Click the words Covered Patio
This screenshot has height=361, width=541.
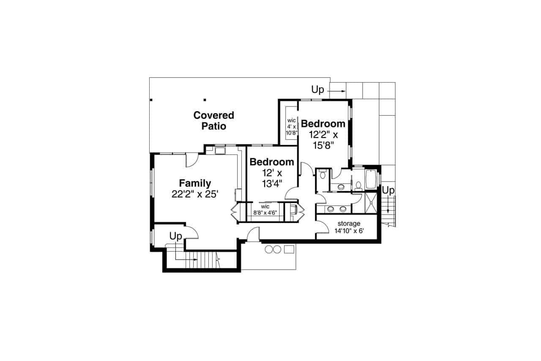click(213, 121)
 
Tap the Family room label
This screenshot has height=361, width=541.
click(195, 183)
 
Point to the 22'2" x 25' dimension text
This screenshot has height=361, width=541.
click(195, 194)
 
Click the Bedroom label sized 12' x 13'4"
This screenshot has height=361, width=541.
click(271, 162)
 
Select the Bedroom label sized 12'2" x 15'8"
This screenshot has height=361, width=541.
click(323, 124)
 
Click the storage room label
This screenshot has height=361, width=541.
click(349, 223)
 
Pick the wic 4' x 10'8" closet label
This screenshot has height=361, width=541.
click(292, 127)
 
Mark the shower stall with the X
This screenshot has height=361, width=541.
click(371, 203)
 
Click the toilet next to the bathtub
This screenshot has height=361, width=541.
click(358, 185)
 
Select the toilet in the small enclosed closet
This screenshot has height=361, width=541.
click(322, 175)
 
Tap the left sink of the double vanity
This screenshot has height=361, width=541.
click(331, 209)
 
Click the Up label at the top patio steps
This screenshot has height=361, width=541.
click(318, 90)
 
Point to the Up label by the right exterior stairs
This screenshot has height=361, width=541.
click(388, 191)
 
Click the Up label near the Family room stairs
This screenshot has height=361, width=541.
click(176, 236)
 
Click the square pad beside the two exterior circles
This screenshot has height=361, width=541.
click(289, 249)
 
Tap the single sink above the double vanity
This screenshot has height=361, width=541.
click(341, 186)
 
